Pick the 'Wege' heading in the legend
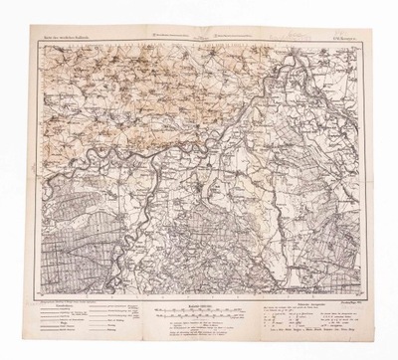(x=49, y=322)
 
